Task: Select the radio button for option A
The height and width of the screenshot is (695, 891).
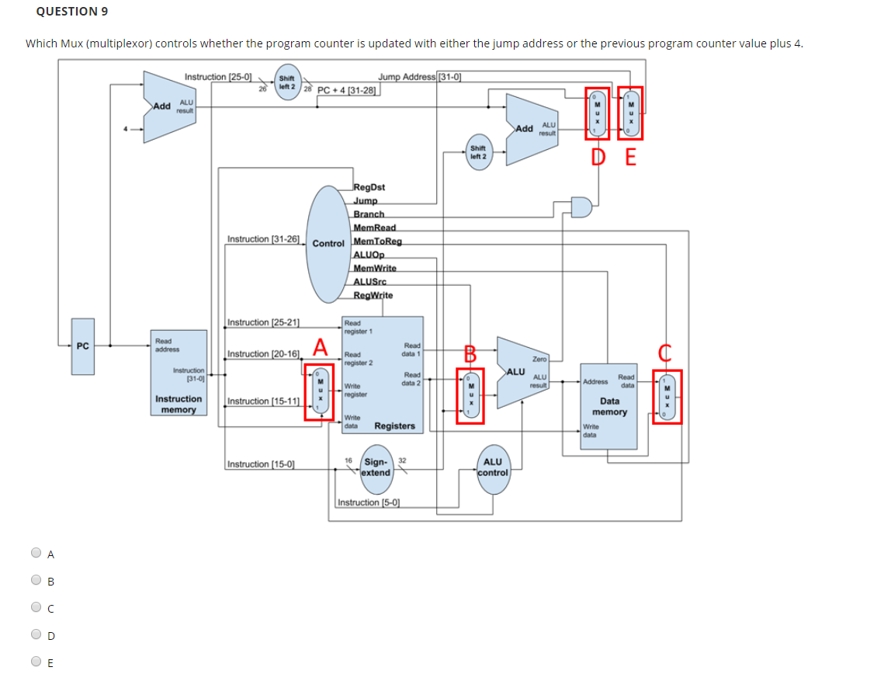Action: point(36,554)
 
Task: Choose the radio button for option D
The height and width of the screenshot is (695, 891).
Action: point(36,635)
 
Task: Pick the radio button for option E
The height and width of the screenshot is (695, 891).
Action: point(36,662)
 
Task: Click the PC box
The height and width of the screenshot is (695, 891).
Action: point(82,346)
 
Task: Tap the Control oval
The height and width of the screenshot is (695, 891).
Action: point(328,243)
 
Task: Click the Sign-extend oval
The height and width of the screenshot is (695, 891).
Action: point(376,467)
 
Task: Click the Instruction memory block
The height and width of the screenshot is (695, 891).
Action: point(179,373)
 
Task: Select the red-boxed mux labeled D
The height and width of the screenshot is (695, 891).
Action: point(598,113)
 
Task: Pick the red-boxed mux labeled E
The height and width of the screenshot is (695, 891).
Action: point(630,113)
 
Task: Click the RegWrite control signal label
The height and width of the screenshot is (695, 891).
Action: point(373,295)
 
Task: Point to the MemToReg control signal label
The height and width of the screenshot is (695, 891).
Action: point(377,242)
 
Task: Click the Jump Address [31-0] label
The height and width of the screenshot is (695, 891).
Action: point(420,76)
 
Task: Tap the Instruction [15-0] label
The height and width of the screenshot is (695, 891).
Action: point(261,464)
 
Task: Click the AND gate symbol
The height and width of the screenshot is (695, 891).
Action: point(581,207)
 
